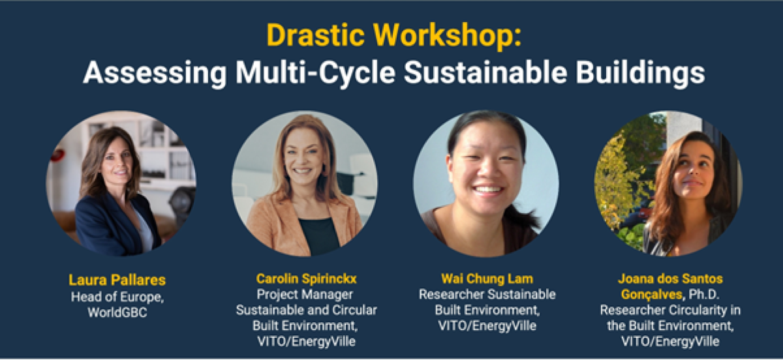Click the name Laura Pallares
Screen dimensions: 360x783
(117, 280)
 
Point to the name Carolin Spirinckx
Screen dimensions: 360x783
(306, 279)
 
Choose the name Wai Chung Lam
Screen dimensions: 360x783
(487, 279)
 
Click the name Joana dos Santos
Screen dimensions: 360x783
(669, 279)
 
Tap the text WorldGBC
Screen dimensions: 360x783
(117, 312)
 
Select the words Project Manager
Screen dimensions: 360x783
(306, 294)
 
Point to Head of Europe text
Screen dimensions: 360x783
(117, 297)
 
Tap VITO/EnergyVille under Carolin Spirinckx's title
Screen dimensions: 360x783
(306, 340)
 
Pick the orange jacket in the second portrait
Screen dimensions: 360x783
(274, 222)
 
